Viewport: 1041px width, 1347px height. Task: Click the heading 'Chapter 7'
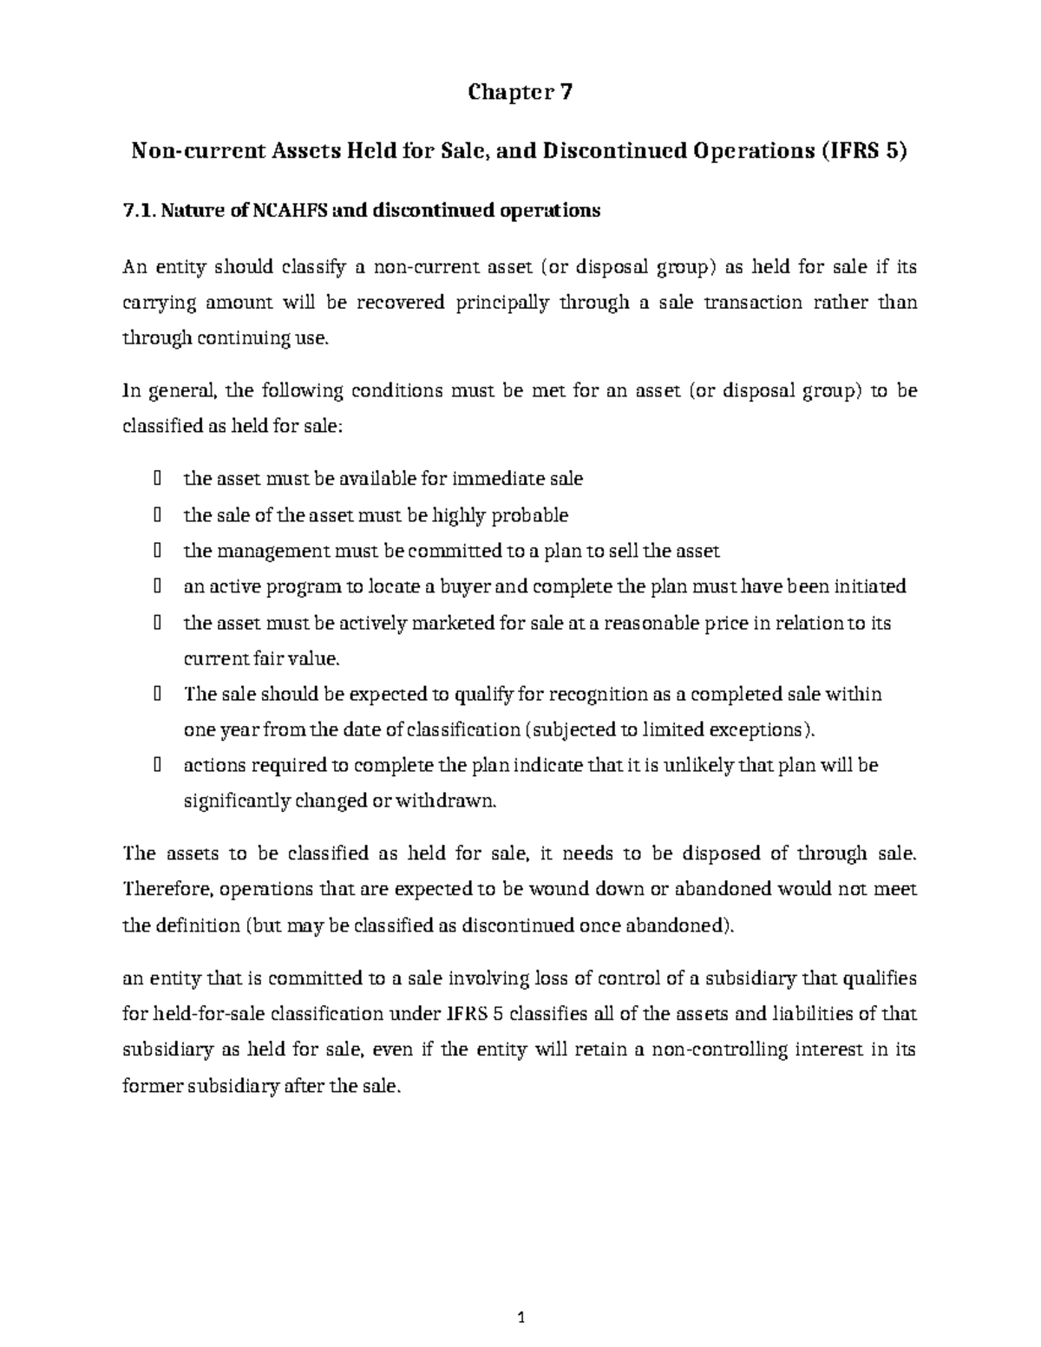520,92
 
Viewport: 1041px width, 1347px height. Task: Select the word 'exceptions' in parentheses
760,729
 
